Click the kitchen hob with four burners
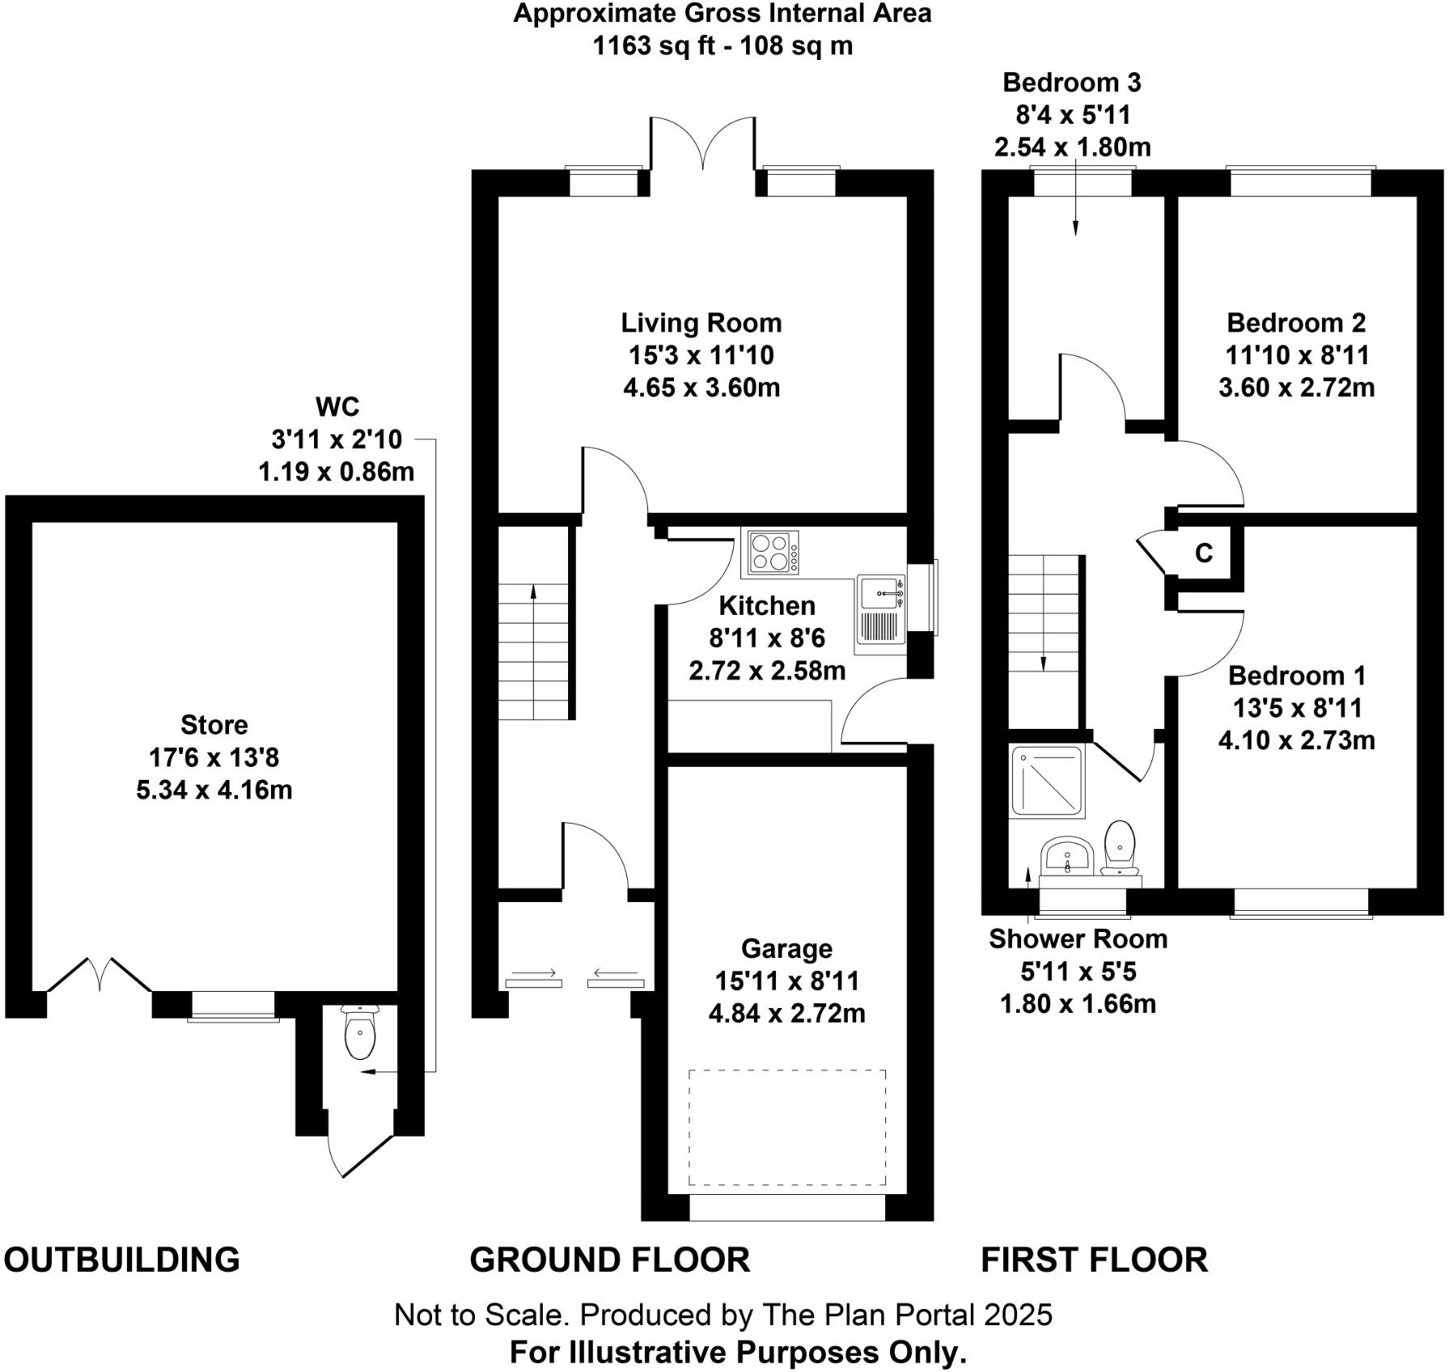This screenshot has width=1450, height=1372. tap(774, 553)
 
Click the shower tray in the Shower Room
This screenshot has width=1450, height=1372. tap(1047, 780)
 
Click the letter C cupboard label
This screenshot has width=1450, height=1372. tap(1204, 553)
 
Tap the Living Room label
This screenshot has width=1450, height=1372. tap(701, 323)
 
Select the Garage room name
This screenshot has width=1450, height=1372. tap(786, 948)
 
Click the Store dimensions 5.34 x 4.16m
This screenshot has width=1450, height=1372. tap(214, 790)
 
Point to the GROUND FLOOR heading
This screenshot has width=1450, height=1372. tap(609, 1260)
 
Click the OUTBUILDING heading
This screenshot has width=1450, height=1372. tap(122, 1260)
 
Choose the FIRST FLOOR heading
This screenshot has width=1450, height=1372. tap(1094, 1260)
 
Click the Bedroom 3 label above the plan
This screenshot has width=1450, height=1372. tap(1071, 83)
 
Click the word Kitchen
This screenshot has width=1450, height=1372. tap(766, 606)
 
